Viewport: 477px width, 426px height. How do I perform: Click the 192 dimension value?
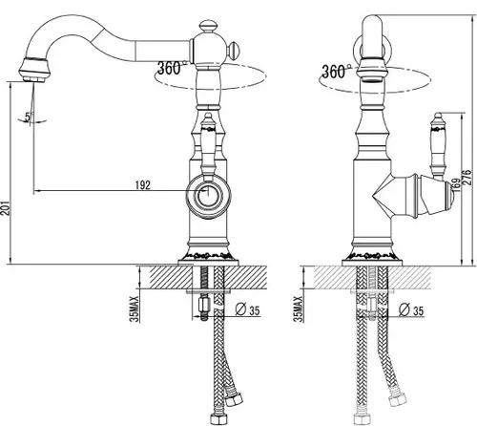tap(143, 185)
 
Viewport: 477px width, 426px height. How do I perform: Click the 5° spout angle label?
tap(29, 117)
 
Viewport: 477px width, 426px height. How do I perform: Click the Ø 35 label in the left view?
tap(247, 309)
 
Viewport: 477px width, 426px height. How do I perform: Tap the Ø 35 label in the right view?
tap(411, 310)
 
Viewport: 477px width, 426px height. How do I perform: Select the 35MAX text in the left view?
tap(135, 309)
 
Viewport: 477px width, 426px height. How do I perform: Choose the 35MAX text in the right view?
tap(299, 309)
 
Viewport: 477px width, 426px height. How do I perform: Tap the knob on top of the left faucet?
tap(208, 26)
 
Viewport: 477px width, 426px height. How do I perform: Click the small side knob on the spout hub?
tap(234, 51)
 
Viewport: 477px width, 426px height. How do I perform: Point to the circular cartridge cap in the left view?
tap(208, 197)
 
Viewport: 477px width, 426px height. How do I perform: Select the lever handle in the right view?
tap(439, 145)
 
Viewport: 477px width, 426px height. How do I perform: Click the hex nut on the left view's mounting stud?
tap(204, 306)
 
